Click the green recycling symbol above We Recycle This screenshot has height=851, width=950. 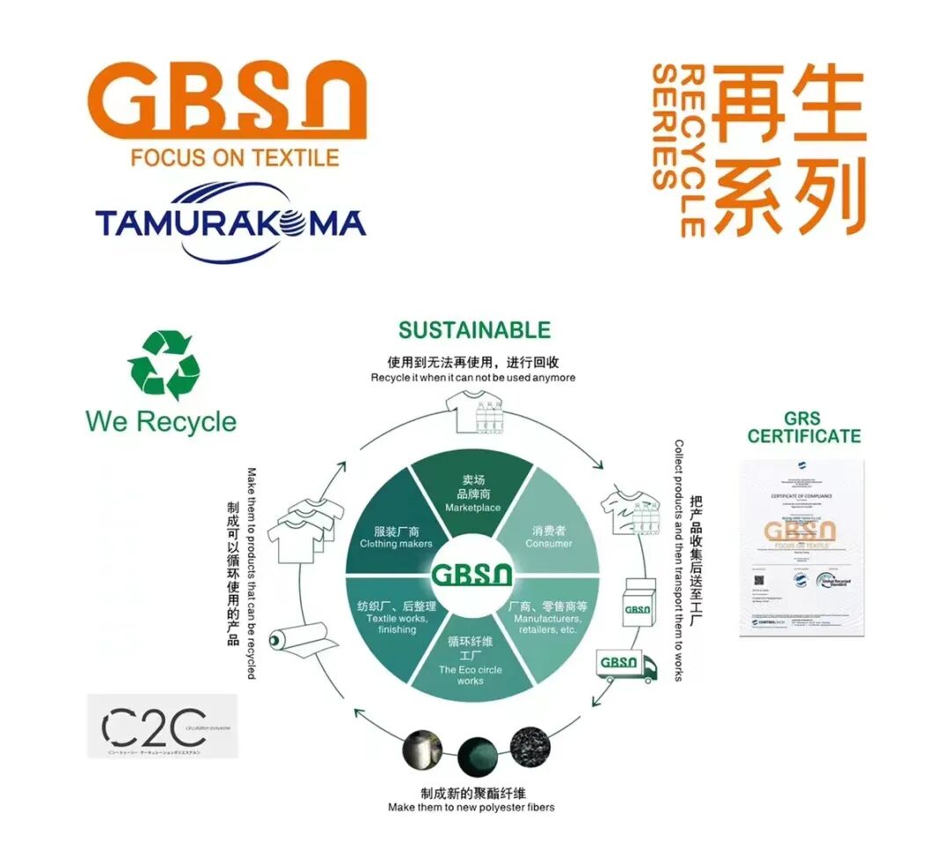164,365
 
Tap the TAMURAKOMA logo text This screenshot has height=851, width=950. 230,224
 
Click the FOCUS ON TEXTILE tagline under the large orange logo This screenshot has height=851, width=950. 234,158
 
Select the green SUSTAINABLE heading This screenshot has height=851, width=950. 474,330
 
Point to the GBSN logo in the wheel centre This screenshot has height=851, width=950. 472,576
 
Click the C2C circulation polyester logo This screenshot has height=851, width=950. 162,726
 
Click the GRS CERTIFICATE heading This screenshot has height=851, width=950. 804,427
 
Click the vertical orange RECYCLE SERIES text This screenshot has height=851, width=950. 678,150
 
